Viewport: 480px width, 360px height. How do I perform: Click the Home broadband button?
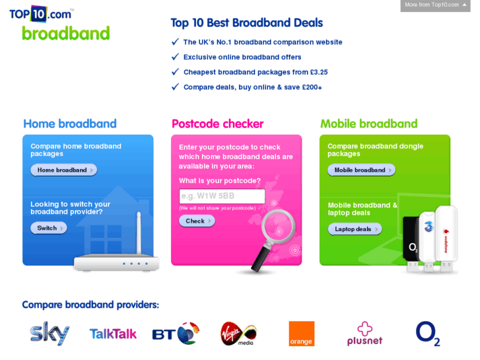pyautogui.click(x=63, y=170)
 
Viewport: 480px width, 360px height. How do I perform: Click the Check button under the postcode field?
pyautogui.click(x=196, y=221)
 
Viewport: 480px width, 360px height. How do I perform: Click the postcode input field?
pyautogui.click(x=222, y=196)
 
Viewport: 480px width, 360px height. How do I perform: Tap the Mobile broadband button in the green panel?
pyautogui.click(x=361, y=170)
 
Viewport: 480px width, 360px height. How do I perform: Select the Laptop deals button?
pyautogui.click(x=355, y=229)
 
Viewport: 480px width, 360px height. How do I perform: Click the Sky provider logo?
pyautogui.click(x=50, y=334)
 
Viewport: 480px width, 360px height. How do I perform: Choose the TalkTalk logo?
pyautogui.click(x=113, y=334)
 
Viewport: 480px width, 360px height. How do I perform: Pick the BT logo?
pyautogui.click(x=176, y=334)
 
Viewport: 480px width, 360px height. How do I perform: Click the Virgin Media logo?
pyautogui.click(x=238, y=334)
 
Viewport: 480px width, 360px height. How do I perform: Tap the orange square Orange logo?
pyautogui.click(x=301, y=334)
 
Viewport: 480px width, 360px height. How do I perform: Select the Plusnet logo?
pyautogui.click(x=364, y=334)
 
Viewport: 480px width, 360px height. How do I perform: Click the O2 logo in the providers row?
pyautogui.click(x=428, y=334)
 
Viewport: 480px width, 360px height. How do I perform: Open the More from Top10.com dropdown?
pyautogui.click(x=435, y=5)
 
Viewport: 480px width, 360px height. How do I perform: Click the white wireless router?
pyautogui.click(x=117, y=258)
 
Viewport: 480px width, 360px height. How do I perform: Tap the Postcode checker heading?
pyautogui.click(x=217, y=124)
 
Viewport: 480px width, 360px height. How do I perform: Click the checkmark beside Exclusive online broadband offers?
pyautogui.click(x=175, y=57)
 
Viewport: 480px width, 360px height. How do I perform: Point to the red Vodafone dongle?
pyautogui.click(x=446, y=238)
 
